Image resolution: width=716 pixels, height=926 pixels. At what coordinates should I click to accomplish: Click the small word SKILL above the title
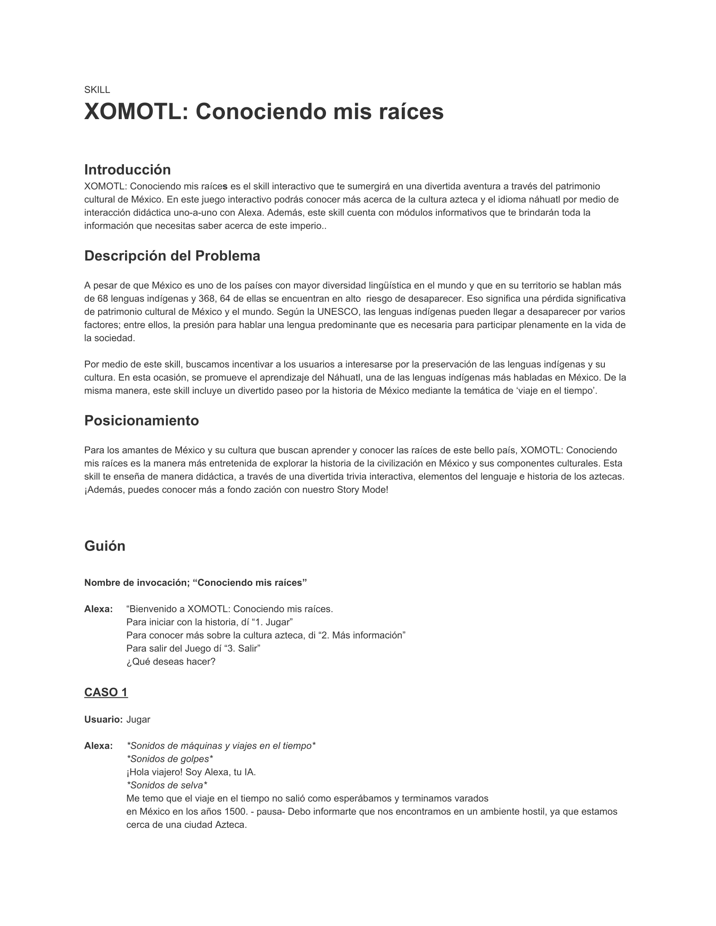(x=97, y=90)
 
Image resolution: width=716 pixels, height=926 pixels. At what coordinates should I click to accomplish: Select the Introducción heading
(x=127, y=170)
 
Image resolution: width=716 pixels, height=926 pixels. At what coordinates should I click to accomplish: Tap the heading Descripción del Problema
(x=172, y=256)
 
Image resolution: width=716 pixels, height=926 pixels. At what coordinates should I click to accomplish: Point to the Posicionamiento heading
(x=141, y=420)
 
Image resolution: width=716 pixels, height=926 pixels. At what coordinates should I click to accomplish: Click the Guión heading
(x=105, y=546)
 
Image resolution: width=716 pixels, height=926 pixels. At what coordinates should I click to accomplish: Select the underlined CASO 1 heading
(x=106, y=692)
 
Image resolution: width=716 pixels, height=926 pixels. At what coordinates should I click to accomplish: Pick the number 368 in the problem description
(x=206, y=299)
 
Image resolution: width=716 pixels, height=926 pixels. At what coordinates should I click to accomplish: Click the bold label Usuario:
(x=103, y=719)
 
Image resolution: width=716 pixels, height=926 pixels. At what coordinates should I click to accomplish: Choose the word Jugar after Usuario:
(x=138, y=719)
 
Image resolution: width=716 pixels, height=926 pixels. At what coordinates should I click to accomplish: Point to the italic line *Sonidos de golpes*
(x=170, y=759)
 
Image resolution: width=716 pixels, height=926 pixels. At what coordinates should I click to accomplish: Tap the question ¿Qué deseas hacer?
(x=171, y=662)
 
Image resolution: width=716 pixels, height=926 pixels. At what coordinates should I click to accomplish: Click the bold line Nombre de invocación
(x=195, y=583)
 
